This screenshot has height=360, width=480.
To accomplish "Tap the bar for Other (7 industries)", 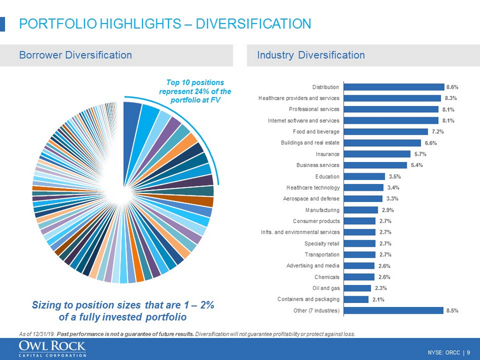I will [x=393, y=310].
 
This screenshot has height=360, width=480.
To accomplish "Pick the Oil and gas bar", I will [x=356, y=288].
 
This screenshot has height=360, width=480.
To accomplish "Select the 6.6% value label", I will [x=430, y=143].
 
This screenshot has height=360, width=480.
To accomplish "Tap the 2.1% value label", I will [x=378, y=299].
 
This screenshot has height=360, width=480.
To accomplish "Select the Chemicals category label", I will [x=327, y=276].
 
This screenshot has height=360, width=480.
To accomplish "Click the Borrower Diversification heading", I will [x=76, y=55].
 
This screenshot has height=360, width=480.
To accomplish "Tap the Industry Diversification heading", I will [x=311, y=55].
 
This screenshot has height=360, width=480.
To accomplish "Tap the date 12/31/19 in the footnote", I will [x=41, y=334].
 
